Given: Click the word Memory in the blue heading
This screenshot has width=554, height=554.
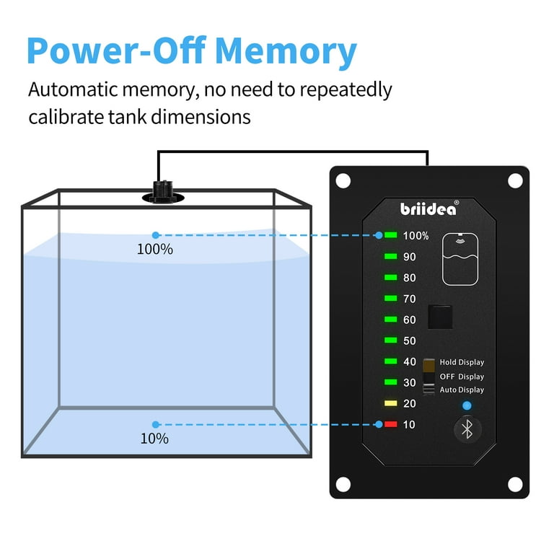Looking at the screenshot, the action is point(286,51).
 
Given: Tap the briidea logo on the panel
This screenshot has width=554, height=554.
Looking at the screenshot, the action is point(429,208).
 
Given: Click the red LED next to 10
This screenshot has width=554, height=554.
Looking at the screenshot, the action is point(391,424).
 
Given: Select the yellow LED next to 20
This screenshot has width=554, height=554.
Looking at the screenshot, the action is point(391,403).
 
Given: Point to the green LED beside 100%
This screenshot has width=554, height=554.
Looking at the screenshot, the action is point(391,235).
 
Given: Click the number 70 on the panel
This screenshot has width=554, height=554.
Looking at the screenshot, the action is point(410,299).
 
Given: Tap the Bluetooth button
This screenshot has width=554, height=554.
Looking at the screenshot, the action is point(467,429).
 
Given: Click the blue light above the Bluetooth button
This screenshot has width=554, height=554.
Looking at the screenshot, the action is point(467,405).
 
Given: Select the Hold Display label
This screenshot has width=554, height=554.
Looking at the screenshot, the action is point(462,362).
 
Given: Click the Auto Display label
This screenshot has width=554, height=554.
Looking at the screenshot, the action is point(462,390).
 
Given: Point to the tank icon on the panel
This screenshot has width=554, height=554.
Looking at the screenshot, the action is point(460,259).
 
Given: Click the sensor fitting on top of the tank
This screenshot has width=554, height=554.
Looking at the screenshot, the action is point(163,193).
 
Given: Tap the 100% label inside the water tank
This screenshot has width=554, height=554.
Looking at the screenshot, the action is point(155,250).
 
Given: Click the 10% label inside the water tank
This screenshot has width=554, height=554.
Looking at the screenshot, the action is point(154,439).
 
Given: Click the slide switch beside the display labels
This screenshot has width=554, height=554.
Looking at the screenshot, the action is point(428,377).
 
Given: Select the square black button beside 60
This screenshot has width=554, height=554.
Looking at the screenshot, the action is point(440,317).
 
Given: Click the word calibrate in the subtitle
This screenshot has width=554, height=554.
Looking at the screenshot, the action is point(66,117).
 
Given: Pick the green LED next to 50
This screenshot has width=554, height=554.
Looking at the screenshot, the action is point(391,340).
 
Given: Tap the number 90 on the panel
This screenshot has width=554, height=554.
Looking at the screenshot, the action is point(410,257).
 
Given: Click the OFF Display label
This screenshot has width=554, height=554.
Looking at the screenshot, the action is point(462,377).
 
